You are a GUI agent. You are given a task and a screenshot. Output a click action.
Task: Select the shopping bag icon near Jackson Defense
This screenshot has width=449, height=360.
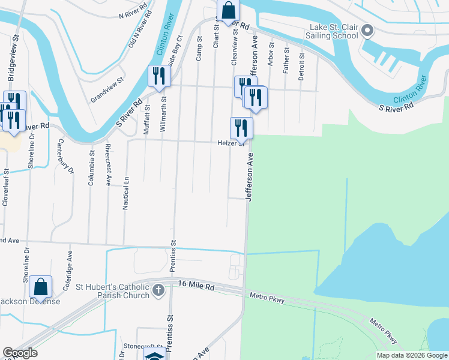[x=40, y=287]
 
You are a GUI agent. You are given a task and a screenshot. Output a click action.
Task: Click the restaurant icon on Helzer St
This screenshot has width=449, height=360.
[x=241, y=127]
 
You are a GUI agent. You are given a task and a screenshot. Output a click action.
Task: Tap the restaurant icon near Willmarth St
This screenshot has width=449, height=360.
[x=159, y=76]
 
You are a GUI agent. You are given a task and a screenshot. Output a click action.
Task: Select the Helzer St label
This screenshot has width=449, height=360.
[x=231, y=143]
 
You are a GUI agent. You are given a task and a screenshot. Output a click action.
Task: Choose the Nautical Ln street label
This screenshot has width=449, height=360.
[x=126, y=193]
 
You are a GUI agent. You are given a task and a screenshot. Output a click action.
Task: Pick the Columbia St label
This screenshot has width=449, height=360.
[x=92, y=168]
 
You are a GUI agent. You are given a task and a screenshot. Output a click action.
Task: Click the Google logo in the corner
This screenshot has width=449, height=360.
[x=20, y=353]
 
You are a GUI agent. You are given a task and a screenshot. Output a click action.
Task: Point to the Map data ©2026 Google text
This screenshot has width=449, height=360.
[x=412, y=355]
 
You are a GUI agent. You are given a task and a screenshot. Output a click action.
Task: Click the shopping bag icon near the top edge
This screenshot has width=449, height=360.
[x=228, y=10]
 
